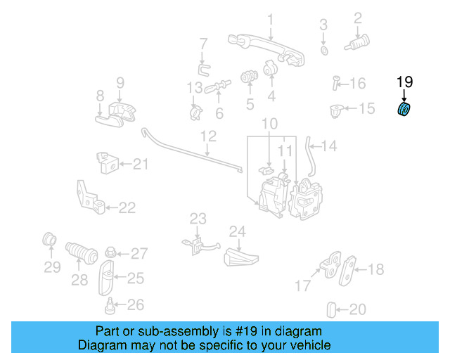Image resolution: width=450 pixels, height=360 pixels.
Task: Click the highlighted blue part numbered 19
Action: pos(405,110)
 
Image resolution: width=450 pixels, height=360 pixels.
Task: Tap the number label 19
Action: pos(405,83)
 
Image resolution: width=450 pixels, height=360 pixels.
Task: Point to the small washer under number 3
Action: pos(323,51)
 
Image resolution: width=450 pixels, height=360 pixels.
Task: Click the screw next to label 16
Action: pos(336,84)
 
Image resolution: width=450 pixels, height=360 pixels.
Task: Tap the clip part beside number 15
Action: pos(336,110)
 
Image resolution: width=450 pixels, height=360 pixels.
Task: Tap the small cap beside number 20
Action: pos(333,309)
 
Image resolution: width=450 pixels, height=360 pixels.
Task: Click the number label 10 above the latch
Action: pos(270,124)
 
